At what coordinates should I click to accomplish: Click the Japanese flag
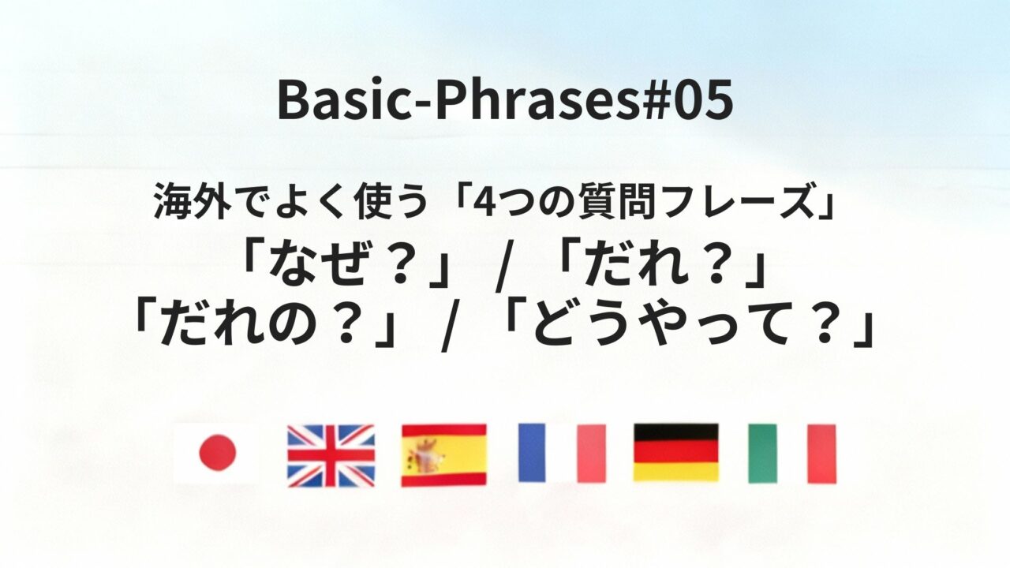coord(216,454)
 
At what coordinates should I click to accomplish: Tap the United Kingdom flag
coord(331,455)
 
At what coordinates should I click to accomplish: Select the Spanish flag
coord(443,455)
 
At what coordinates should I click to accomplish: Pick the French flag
coord(562,453)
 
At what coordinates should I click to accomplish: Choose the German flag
coord(675,453)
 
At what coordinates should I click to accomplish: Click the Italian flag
coord(791,454)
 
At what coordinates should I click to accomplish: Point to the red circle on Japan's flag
coord(216,453)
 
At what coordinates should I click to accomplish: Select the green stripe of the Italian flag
coord(762,454)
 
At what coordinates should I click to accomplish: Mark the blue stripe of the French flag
coord(532,453)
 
